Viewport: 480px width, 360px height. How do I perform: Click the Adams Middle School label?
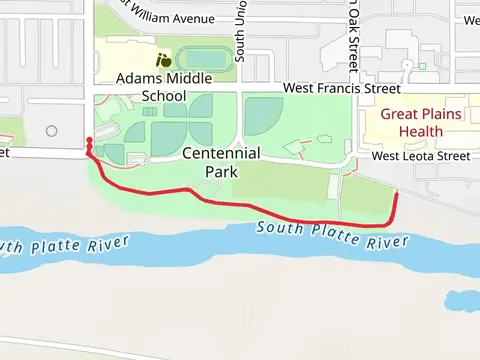(x=152, y=87)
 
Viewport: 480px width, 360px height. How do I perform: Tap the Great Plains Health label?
(x=421, y=122)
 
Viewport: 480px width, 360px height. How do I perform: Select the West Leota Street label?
(x=420, y=156)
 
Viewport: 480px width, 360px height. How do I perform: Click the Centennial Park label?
(x=221, y=162)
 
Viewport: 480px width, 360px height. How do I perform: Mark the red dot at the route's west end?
(x=89, y=141)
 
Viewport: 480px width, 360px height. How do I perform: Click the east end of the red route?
(x=397, y=194)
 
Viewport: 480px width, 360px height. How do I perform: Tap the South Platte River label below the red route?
(x=332, y=236)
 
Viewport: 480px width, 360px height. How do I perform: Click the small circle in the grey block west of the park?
(x=51, y=131)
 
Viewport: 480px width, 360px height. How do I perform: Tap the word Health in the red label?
(x=421, y=131)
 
